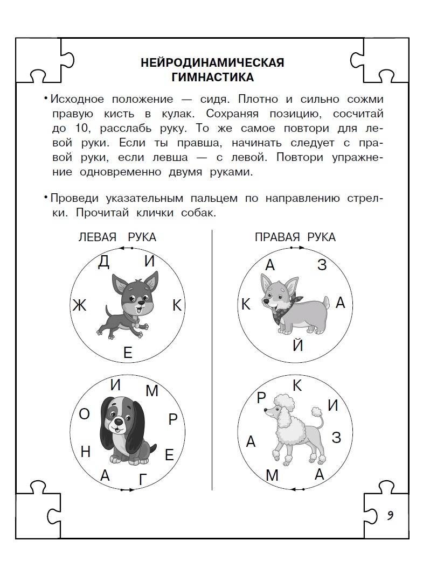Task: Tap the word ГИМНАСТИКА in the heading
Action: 212,78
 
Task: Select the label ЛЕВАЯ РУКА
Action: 117,237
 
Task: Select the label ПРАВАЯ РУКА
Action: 295,237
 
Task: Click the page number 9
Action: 389,515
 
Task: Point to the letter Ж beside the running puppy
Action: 79,306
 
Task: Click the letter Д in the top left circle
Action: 104,262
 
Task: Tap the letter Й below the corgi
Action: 297,345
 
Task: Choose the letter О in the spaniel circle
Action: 84,414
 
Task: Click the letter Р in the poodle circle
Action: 262,398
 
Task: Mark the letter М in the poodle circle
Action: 272,476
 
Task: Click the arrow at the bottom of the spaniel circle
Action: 127,489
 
